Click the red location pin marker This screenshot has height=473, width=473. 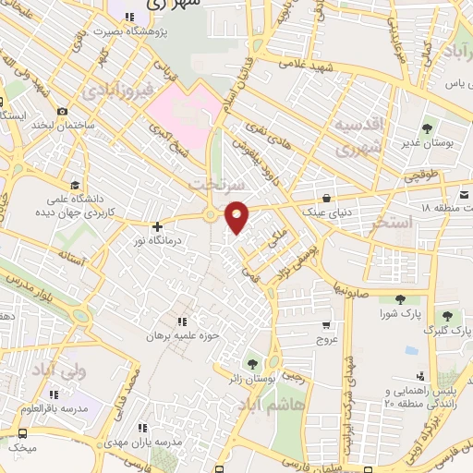click(237, 216)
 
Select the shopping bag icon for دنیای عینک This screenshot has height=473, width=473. click(328, 198)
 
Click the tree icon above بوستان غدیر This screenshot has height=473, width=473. click(427, 128)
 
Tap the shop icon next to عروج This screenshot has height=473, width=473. click(326, 325)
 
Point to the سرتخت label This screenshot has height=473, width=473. click(210, 185)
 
